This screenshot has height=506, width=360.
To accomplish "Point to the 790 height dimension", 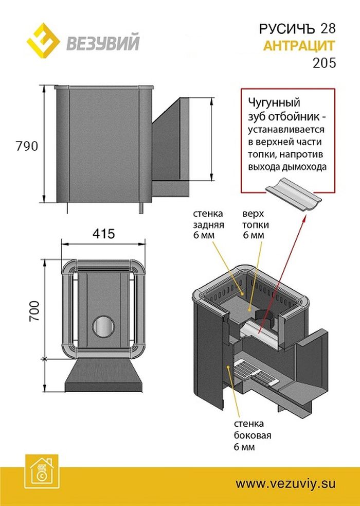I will (x=27, y=146).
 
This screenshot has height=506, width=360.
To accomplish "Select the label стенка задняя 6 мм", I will (x=208, y=224).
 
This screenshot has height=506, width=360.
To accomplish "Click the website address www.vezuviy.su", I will (x=286, y=483).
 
